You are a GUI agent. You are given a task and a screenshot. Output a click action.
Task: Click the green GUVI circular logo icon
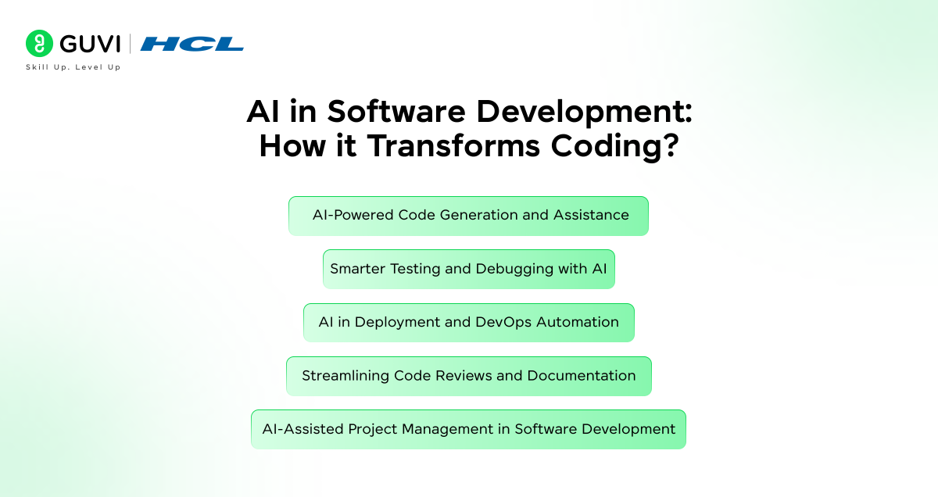pyautogui.click(x=39, y=44)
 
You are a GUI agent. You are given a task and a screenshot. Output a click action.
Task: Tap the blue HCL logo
pyautogui.click(x=192, y=44)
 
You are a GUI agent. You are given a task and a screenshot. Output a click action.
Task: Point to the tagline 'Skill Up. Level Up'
pyautogui.click(x=73, y=67)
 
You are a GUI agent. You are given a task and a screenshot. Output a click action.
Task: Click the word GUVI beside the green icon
pyautogui.click(x=90, y=44)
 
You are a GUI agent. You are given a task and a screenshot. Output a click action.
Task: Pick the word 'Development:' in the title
pyautogui.click(x=584, y=112)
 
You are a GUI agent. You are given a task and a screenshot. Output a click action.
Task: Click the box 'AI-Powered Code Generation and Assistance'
pyautogui.click(x=468, y=216)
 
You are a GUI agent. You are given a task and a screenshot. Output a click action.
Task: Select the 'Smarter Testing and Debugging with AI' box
pyautogui.click(x=468, y=269)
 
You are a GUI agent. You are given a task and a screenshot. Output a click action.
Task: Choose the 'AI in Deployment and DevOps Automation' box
pyautogui.click(x=468, y=323)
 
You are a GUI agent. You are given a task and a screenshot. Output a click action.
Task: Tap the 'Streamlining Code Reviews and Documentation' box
pyautogui.click(x=468, y=376)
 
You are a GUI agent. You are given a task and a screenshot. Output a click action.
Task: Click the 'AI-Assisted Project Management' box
pyautogui.click(x=468, y=429)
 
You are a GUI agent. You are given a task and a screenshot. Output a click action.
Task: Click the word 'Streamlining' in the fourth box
pyautogui.click(x=345, y=376)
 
